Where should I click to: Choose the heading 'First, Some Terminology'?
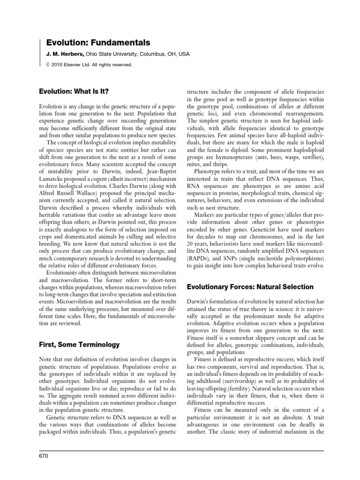tap(79, 345)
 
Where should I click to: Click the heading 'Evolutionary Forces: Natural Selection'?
tap(250, 286)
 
